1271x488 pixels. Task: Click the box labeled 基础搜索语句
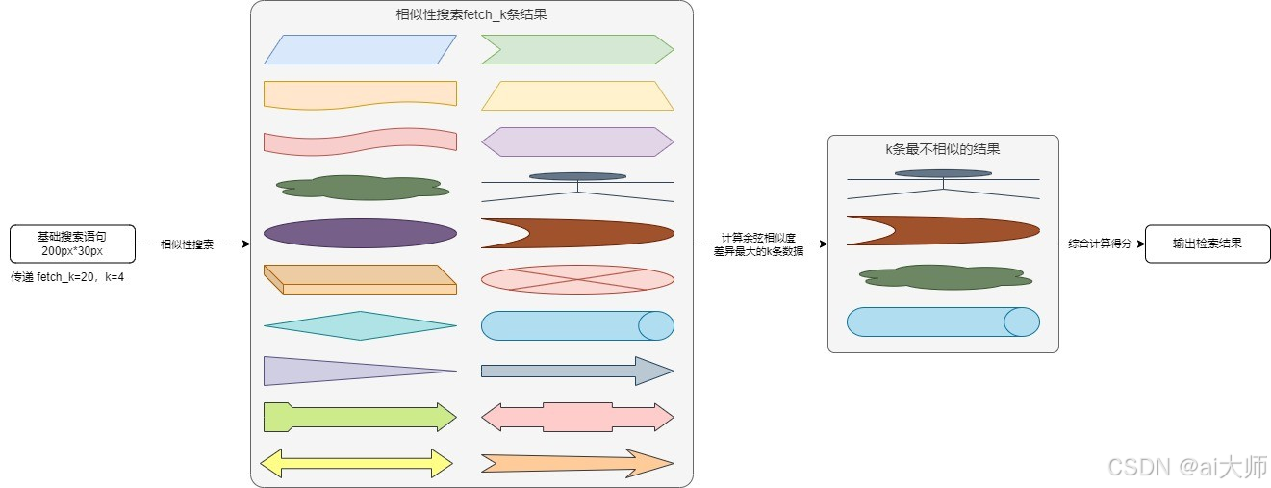[x=72, y=244]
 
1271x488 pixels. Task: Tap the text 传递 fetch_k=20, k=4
[x=67, y=277]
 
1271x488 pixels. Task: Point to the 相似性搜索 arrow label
[x=187, y=244]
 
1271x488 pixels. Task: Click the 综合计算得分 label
[x=1100, y=244]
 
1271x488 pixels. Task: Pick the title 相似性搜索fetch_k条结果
[x=471, y=15]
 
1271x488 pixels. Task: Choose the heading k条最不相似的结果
[x=943, y=149]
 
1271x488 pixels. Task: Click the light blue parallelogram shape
[x=360, y=49]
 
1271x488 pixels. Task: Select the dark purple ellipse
[x=360, y=233]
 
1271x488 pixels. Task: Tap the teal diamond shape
[x=360, y=325]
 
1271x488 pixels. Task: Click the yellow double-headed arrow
[x=356, y=463]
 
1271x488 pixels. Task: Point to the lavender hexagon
[x=577, y=141]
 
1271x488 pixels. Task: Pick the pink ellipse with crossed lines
[x=577, y=279]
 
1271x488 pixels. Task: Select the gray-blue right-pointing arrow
[x=577, y=371]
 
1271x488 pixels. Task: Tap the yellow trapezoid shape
[x=577, y=95]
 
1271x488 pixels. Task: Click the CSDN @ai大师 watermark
[x=1187, y=468]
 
